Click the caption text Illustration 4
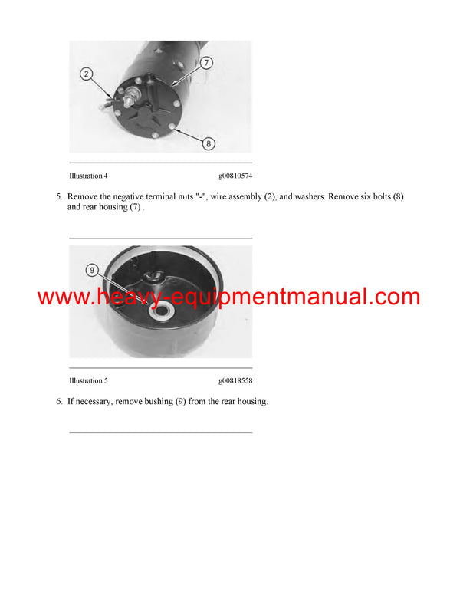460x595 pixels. point(88,176)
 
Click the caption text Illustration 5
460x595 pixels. point(88,380)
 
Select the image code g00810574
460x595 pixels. point(235,176)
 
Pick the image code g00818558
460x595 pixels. point(235,380)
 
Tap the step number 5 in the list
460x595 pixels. point(59,197)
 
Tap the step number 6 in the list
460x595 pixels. point(59,402)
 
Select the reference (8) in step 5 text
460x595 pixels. point(397,197)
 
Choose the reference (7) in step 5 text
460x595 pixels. point(134,208)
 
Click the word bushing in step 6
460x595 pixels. point(159,402)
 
